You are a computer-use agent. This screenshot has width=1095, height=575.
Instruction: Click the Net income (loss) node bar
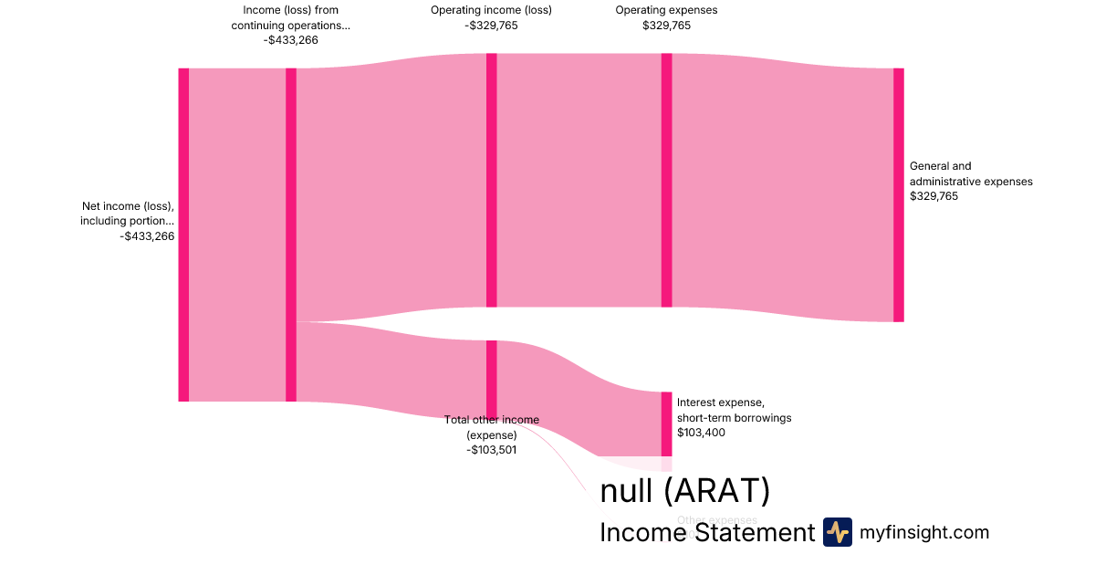(183, 235)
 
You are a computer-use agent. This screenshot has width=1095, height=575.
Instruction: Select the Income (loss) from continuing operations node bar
(291, 235)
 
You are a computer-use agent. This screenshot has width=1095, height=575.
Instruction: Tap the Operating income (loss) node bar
(491, 180)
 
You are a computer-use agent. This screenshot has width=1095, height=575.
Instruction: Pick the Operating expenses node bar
(666, 180)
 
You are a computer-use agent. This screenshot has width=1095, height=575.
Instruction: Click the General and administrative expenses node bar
(898, 194)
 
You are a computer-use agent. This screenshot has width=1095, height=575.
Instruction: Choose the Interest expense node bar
(666, 423)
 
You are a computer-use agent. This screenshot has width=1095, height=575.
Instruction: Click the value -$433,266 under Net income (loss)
(147, 236)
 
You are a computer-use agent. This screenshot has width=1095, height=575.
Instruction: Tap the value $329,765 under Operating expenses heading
(666, 26)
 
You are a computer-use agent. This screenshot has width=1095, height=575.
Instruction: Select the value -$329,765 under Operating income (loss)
(491, 26)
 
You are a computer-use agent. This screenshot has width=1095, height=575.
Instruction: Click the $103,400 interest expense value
(701, 433)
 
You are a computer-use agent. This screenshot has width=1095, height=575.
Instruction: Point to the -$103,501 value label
(491, 449)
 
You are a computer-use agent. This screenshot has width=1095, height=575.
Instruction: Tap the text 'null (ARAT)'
(684, 491)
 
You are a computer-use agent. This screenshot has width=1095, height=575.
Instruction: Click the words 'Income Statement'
(706, 533)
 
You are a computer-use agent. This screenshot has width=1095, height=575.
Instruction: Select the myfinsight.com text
(924, 532)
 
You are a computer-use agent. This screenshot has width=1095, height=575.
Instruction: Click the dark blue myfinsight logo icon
(837, 532)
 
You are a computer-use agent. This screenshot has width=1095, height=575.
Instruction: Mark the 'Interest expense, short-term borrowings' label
(734, 410)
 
